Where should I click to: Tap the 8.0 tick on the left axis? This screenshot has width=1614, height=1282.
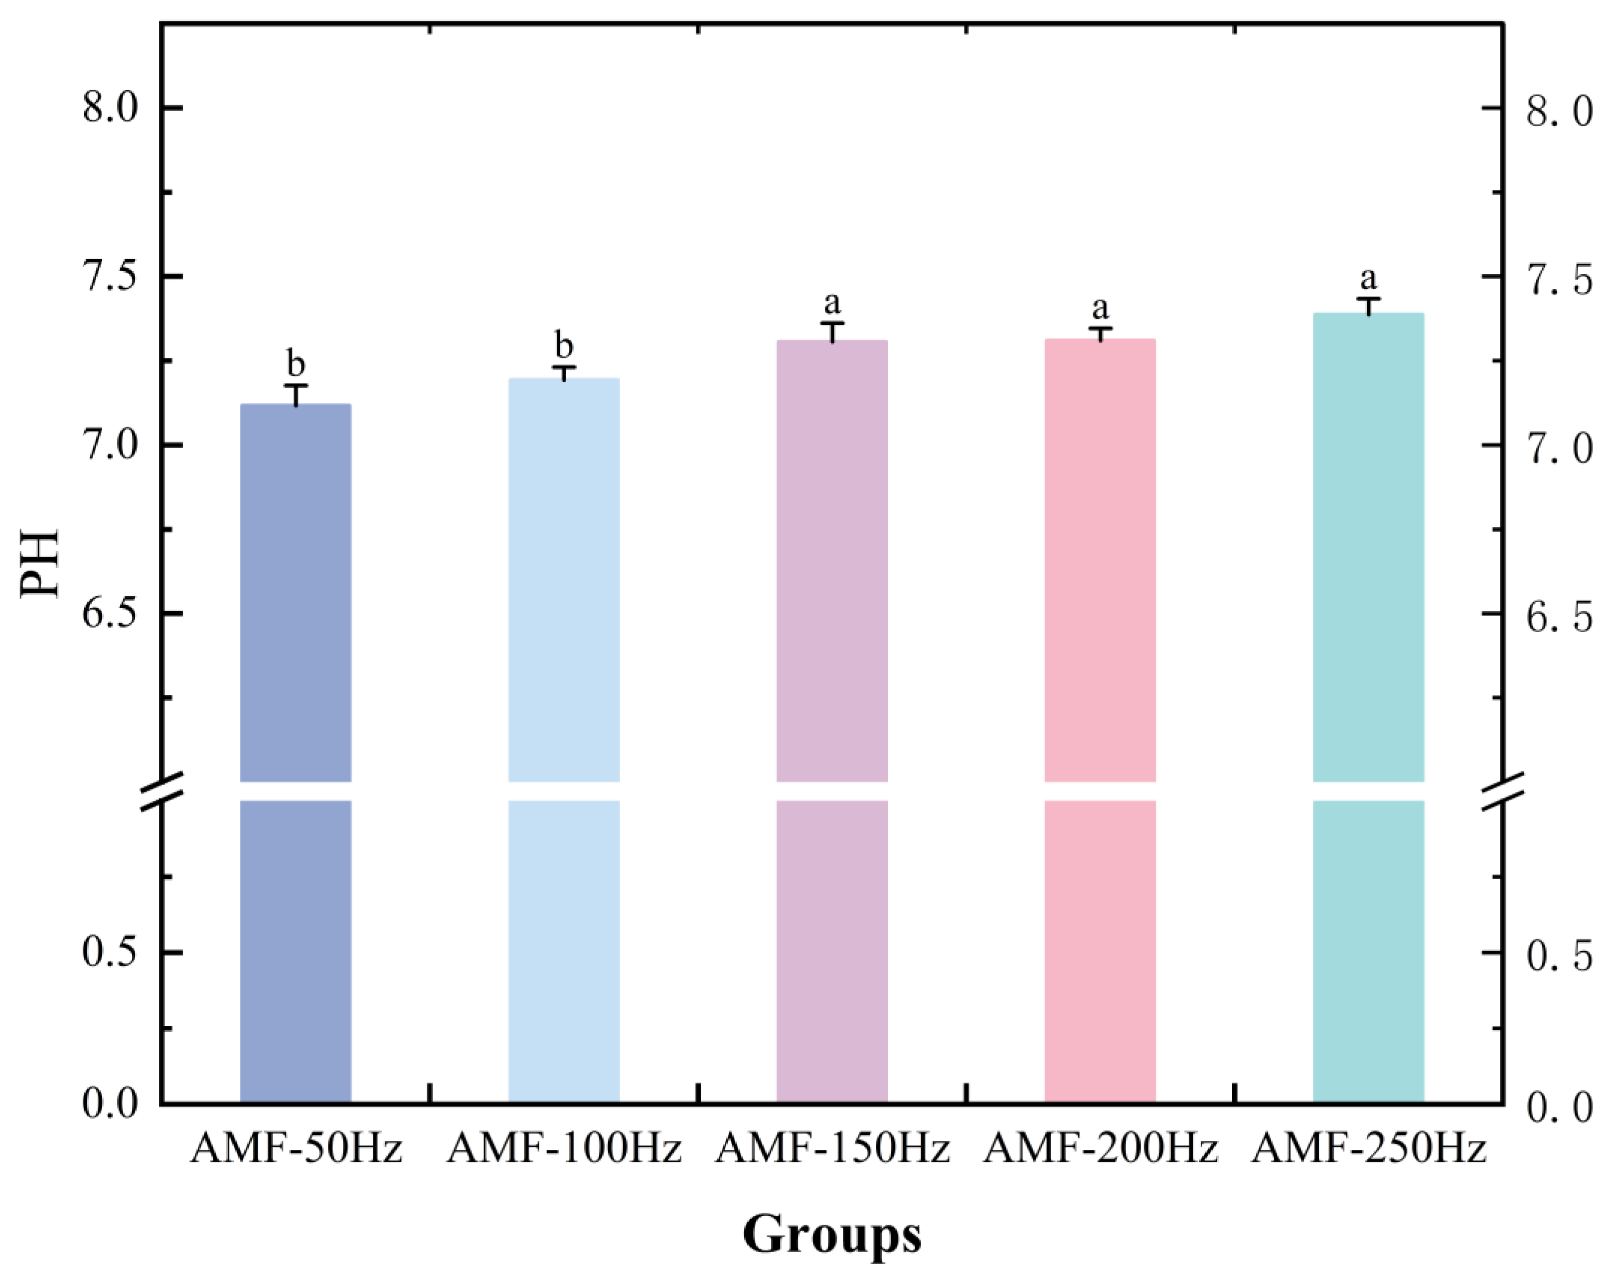110,109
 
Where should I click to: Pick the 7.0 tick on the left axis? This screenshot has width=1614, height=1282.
110,446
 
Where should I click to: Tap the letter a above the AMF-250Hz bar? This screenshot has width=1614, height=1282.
1368,279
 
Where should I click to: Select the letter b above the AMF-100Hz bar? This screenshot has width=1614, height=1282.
564,346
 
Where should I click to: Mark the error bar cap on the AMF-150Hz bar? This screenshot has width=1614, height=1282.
832,323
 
